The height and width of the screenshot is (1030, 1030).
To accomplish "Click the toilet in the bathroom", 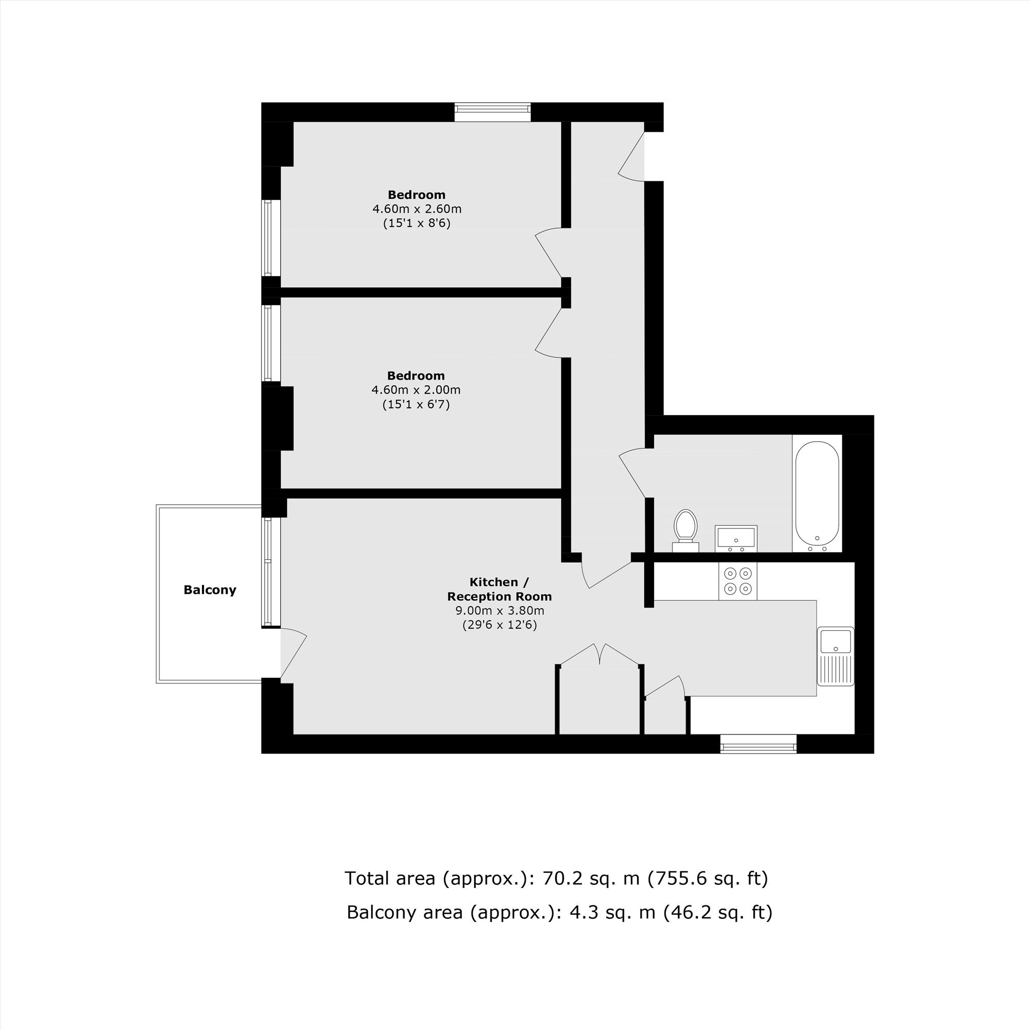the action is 685,531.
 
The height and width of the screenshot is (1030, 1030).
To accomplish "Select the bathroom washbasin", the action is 736,539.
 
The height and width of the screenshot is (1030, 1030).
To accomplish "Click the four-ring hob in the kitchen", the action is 738,581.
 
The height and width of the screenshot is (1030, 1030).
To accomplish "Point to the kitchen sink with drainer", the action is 835,656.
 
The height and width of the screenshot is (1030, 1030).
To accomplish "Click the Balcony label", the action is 210,590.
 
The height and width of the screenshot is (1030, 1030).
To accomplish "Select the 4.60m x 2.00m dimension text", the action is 416,390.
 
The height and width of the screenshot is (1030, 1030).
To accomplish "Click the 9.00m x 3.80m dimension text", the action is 500,610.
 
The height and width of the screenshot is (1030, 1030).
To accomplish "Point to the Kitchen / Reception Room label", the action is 500,589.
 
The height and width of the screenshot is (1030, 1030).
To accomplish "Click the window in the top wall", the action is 493,112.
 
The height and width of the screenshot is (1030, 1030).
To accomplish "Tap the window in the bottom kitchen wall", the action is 758,744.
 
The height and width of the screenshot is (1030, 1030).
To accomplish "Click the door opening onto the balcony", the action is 293,655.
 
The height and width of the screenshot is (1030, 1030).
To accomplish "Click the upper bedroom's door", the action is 548,253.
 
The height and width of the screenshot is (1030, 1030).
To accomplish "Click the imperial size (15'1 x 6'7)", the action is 416,404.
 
